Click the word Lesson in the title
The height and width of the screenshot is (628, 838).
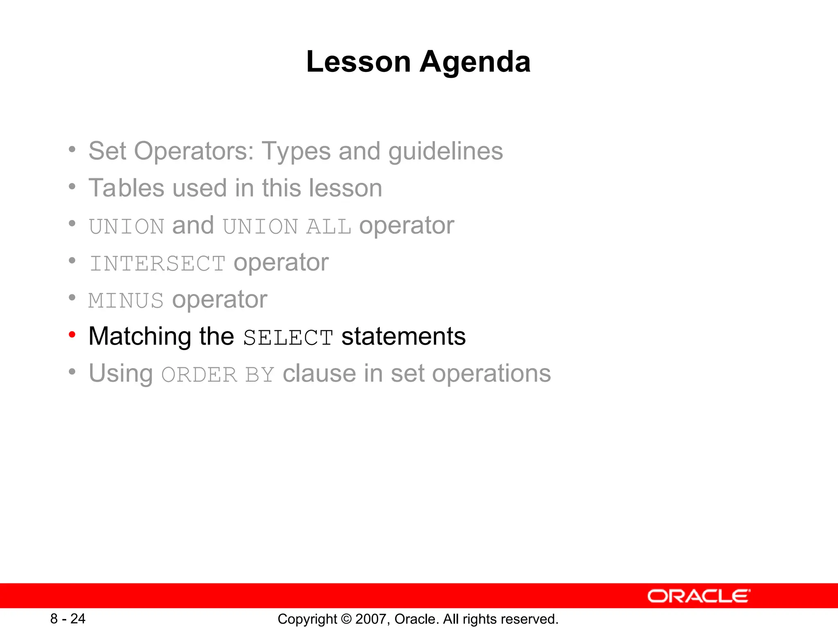pos(358,62)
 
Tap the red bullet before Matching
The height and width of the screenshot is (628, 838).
pos(72,335)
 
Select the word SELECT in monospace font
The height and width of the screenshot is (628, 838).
pos(288,338)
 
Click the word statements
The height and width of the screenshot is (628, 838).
pos(403,336)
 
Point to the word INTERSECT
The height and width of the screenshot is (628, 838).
pos(158,263)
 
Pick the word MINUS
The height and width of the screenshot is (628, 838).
pos(126,301)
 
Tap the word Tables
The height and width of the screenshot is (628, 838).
pos(126,188)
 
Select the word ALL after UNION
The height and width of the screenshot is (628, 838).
pos(329,227)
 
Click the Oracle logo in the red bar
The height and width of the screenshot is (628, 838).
pos(698,596)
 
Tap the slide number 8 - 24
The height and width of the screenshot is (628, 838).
pos(68,619)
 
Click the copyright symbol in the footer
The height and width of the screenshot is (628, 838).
pos(346,619)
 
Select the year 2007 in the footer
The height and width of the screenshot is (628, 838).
pos(371,619)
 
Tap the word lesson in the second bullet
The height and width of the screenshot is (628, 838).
pos(345,188)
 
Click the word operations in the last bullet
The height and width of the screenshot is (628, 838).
pos(491,373)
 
